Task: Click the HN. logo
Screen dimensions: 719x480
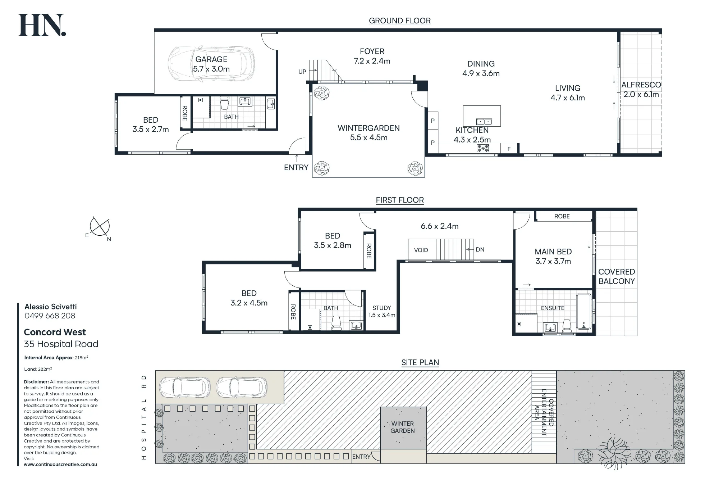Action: click(x=42, y=25)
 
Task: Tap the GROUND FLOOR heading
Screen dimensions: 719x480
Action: click(x=400, y=21)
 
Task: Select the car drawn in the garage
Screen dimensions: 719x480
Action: click(x=211, y=64)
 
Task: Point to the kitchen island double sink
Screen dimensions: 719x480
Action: click(x=484, y=122)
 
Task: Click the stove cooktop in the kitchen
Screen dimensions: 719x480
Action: click(x=483, y=148)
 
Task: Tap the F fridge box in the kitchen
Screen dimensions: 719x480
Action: click(x=509, y=149)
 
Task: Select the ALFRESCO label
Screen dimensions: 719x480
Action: click(x=641, y=85)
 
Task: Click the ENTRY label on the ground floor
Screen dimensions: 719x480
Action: click(x=296, y=167)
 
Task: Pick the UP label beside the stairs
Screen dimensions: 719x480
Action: click(x=302, y=72)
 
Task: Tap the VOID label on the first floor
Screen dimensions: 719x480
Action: click(x=421, y=250)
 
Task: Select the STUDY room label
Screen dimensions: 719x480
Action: click(x=382, y=308)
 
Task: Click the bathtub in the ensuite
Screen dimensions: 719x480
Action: click(x=584, y=312)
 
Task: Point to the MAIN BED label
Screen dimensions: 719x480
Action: click(x=553, y=252)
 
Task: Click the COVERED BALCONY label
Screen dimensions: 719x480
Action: click(x=617, y=276)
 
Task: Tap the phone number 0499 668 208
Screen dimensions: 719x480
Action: click(x=50, y=316)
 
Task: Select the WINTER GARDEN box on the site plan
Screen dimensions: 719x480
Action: click(x=403, y=428)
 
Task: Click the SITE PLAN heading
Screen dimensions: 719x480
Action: click(x=420, y=363)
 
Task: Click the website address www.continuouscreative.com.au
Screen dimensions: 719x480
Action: click(x=60, y=465)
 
